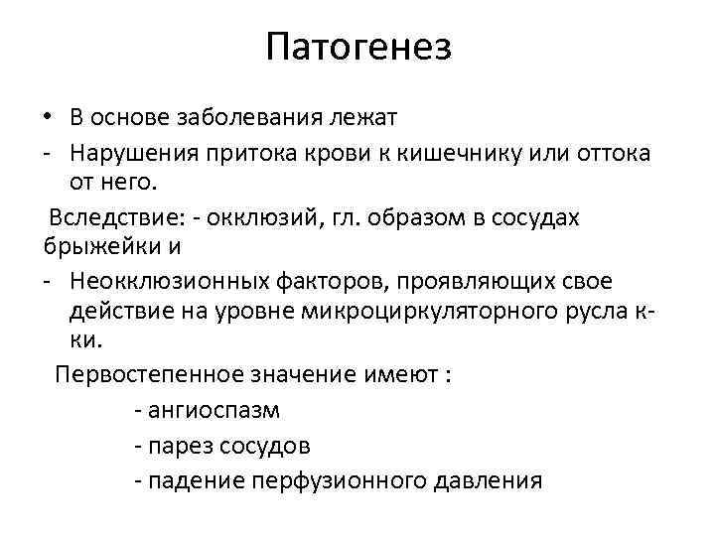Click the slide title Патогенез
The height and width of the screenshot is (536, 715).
coord(357,48)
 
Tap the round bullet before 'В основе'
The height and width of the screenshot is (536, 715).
coord(46,118)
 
